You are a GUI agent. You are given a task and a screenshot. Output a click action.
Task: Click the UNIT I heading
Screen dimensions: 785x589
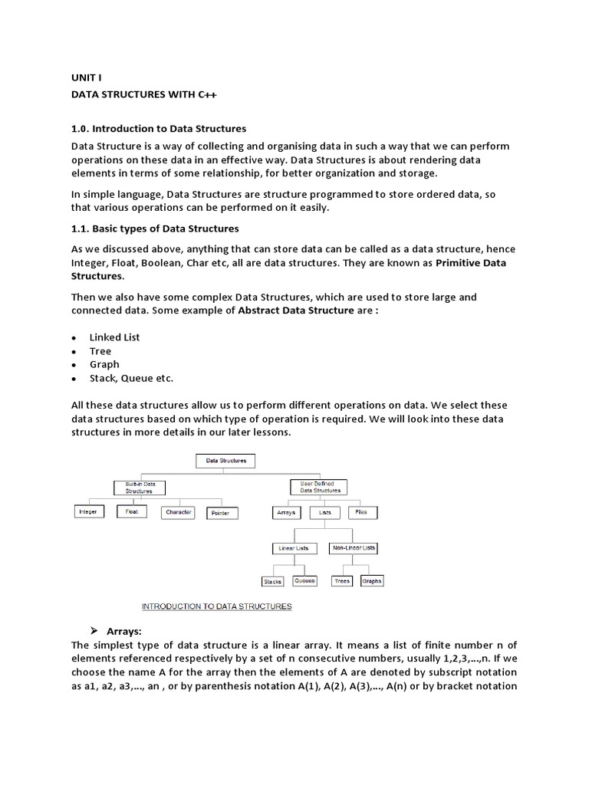(86, 78)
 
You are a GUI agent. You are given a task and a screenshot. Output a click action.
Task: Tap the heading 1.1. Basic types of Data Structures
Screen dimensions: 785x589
(155, 228)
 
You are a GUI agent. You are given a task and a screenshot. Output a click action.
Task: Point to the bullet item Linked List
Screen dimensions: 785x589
(114, 337)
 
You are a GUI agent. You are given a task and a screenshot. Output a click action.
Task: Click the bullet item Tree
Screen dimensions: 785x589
(100, 351)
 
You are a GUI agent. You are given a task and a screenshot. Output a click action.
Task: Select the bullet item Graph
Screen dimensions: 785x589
(104, 365)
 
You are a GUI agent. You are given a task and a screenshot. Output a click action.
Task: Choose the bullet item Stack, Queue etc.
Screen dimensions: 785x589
(131, 379)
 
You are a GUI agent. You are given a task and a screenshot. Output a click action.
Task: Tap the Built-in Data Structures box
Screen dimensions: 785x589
(140, 488)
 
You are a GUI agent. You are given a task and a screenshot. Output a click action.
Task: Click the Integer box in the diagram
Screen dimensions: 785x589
(88, 512)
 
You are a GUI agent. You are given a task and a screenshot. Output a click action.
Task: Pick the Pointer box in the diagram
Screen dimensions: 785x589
(220, 513)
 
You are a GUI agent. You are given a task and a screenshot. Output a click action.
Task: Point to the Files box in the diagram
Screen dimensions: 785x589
(362, 512)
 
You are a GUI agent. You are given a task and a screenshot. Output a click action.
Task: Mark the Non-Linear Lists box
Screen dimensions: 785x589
(353, 549)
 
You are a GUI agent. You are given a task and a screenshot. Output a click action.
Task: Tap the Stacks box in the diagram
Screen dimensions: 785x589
(273, 582)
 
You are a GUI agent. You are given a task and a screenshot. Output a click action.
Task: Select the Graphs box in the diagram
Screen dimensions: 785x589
(371, 581)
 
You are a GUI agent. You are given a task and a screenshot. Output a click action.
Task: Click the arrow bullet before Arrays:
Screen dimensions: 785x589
(94, 631)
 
